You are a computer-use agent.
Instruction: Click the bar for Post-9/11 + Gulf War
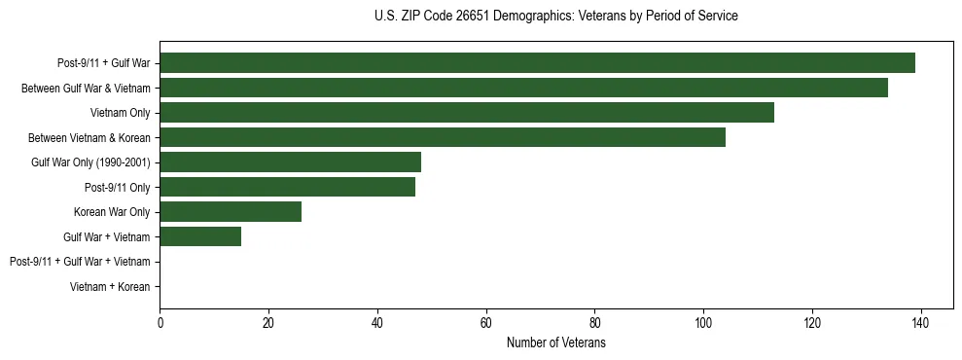click(x=537, y=63)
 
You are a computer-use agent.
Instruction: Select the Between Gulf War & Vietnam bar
click(x=523, y=88)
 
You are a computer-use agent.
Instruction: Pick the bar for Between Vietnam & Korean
click(x=443, y=137)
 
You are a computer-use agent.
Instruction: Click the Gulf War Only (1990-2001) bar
click(x=290, y=162)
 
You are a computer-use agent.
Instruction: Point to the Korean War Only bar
click(x=231, y=211)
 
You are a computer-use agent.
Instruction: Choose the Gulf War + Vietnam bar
click(x=200, y=236)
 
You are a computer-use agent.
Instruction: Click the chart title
click(x=555, y=17)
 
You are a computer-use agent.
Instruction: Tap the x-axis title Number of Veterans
click(x=555, y=342)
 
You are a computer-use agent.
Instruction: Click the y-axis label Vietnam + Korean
click(x=110, y=286)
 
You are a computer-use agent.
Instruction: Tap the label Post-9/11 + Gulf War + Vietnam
click(x=80, y=261)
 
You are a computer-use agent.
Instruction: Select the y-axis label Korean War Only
click(x=112, y=211)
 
